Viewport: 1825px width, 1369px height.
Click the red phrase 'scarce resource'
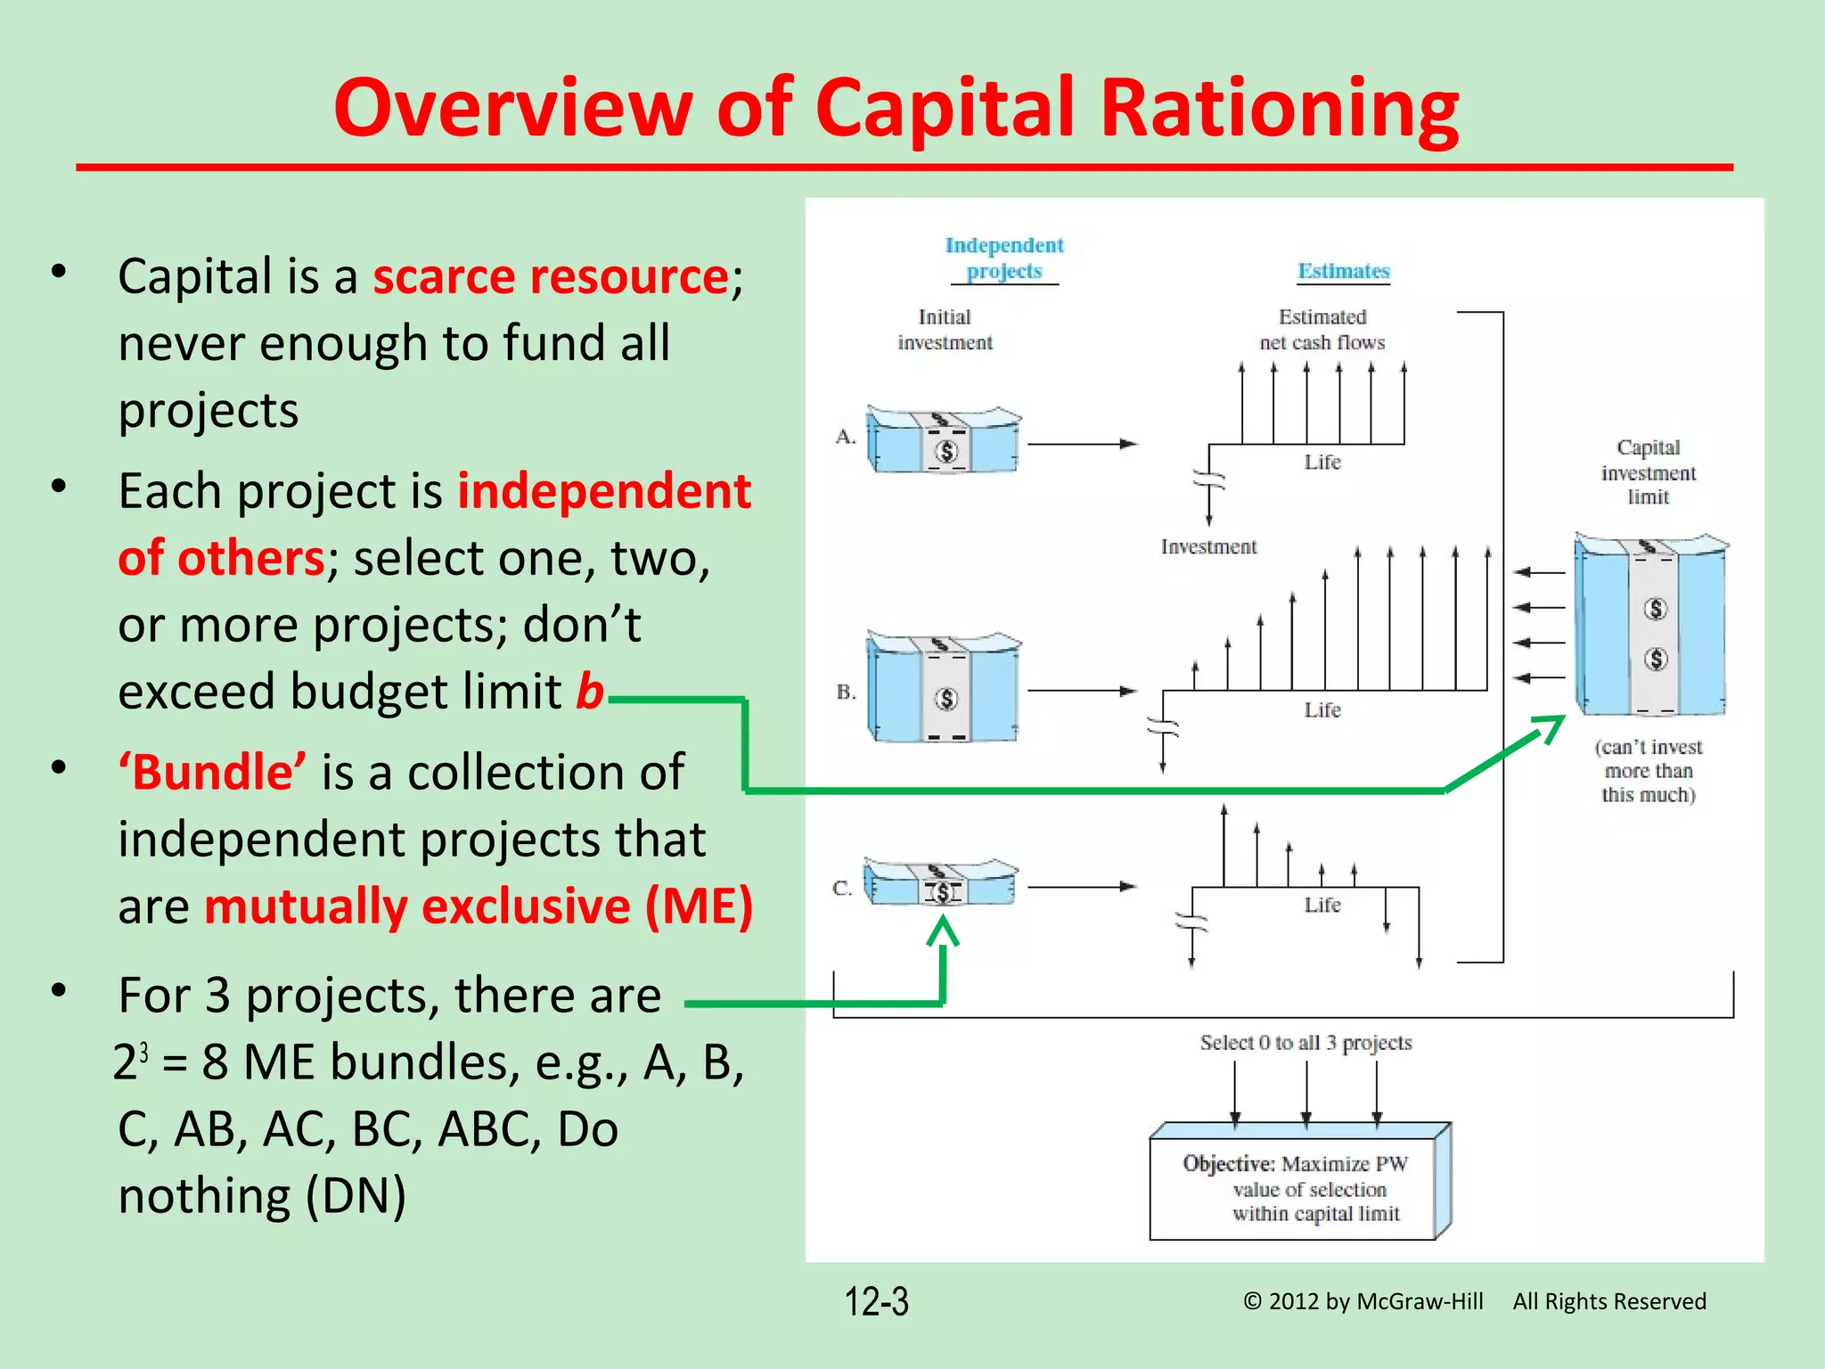(550, 276)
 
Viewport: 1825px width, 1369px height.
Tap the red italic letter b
(589, 692)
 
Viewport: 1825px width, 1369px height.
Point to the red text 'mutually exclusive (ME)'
(479, 906)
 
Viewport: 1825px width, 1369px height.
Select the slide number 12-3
(876, 1301)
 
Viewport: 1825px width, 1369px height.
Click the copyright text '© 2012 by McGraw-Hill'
(1363, 1301)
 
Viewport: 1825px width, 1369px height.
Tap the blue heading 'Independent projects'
(1004, 258)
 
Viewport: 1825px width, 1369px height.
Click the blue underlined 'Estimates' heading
(1343, 271)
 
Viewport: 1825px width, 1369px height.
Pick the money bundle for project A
(943, 441)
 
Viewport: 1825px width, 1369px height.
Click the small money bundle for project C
(940, 883)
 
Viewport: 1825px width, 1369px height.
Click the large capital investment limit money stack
(1650, 626)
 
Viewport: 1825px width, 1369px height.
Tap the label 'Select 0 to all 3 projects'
(1305, 1043)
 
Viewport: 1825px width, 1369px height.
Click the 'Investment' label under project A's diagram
(1208, 547)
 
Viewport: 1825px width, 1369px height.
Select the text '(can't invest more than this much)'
(1648, 771)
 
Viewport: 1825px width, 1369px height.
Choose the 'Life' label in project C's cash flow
(1322, 906)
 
